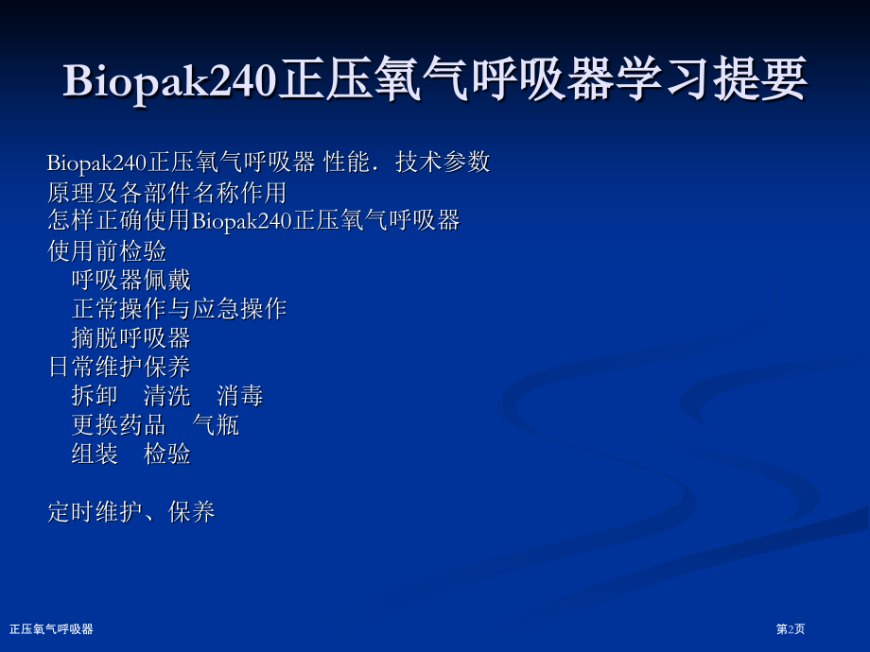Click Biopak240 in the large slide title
click(169, 81)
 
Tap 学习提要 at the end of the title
click(712, 79)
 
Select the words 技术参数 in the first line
click(443, 163)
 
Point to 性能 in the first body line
click(347, 163)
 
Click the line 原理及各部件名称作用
click(167, 193)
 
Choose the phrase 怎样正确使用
click(119, 220)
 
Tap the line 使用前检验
click(107, 250)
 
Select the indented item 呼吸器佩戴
click(131, 280)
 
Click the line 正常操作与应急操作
click(180, 309)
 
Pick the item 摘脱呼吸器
click(131, 338)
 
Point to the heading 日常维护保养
click(119, 367)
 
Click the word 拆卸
click(95, 396)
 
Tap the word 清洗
click(167, 396)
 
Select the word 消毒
click(239, 396)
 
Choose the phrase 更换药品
click(119, 425)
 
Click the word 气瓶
click(216, 425)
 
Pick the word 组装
click(95, 455)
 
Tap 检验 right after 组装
click(167, 455)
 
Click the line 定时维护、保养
click(131, 512)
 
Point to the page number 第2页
click(791, 629)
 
